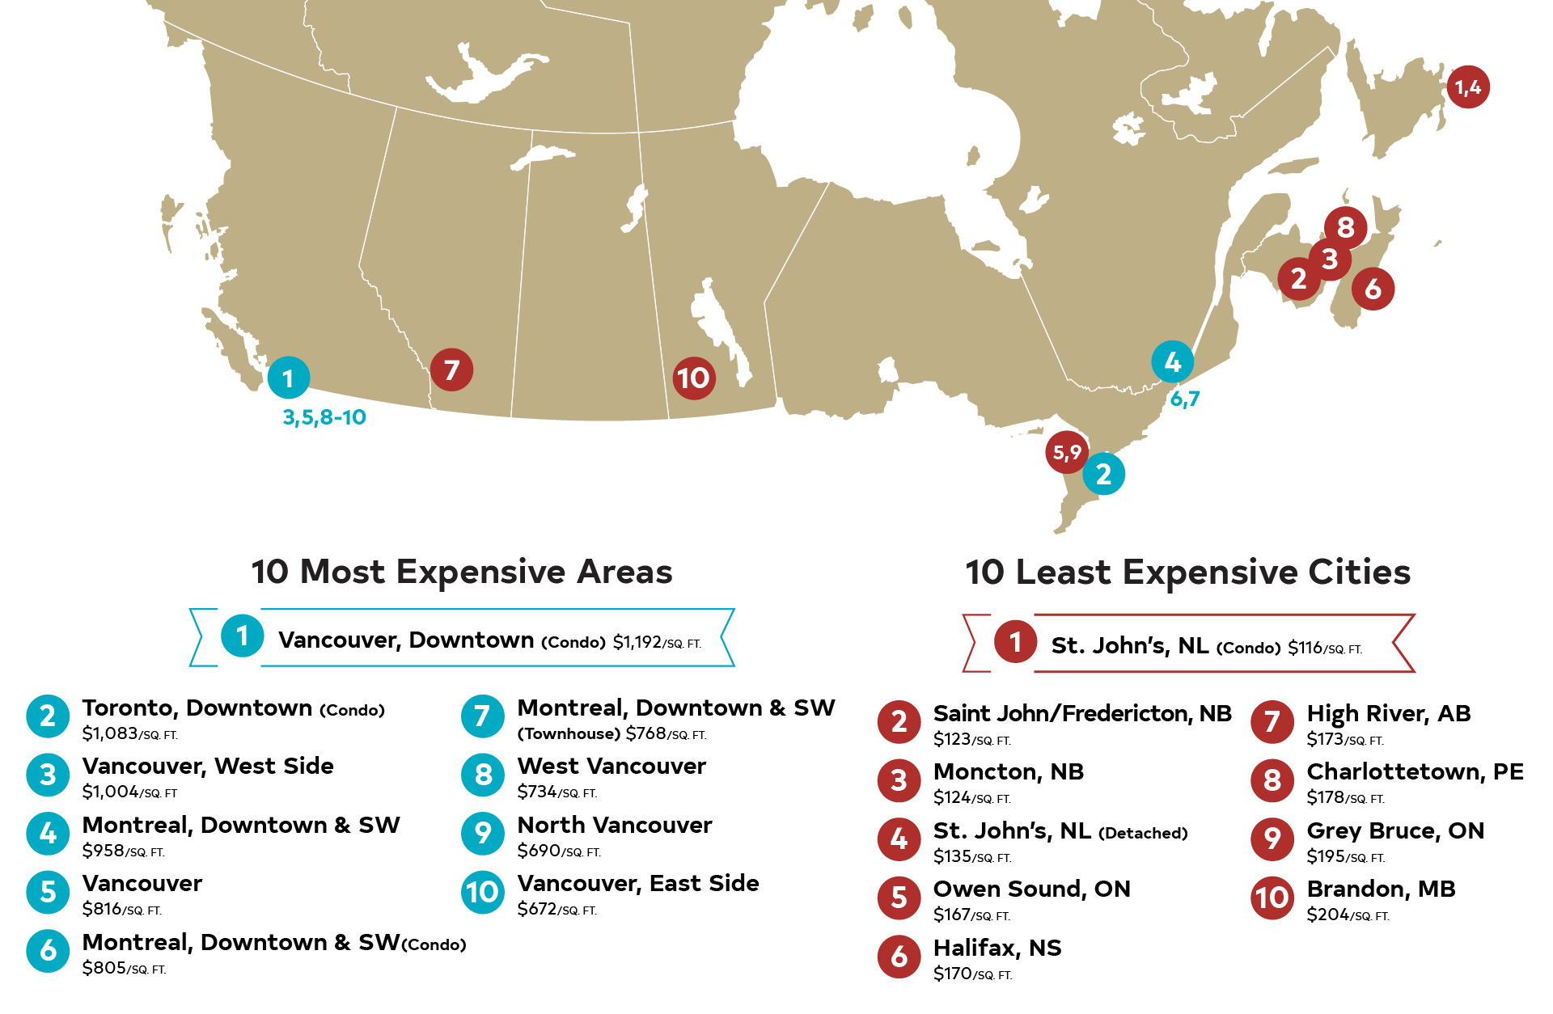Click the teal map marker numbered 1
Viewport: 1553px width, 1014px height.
tap(289, 378)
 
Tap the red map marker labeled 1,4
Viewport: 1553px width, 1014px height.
tap(1468, 87)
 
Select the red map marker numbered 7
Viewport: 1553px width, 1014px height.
tap(451, 370)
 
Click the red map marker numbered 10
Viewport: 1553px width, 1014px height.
tap(694, 378)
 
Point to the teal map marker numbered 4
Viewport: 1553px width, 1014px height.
tap(1172, 362)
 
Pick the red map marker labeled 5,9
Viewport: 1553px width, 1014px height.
tap(1067, 453)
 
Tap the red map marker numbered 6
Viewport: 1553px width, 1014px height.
tap(1373, 289)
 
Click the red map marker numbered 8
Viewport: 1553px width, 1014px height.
tap(1345, 228)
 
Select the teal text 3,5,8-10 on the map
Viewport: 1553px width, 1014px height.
tap(324, 417)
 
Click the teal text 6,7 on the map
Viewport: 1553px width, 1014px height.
tap(1185, 399)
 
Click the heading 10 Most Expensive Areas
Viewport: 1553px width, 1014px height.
tap(462, 572)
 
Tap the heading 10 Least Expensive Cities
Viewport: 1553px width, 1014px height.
tap(1187, 572)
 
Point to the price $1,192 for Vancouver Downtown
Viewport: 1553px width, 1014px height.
tap(637, 642)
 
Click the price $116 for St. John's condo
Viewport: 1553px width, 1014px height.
tap(1305, 648)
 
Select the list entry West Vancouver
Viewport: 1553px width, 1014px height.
tap(611, 766)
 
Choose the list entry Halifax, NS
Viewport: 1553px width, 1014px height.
tap(997, 948)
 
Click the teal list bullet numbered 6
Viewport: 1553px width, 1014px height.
tap(48, 951)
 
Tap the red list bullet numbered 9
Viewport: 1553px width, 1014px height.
tap(1272, 839)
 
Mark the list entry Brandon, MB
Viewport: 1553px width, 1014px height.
tap(1381, 889)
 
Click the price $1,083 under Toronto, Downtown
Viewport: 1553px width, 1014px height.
tap(110, 733)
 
